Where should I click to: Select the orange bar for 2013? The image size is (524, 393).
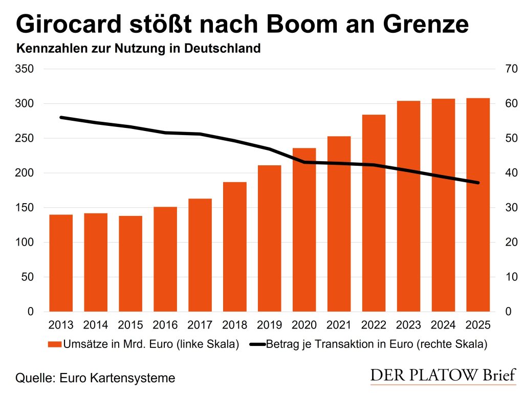pos(61,263)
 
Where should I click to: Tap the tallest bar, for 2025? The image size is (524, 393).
pos(478,205)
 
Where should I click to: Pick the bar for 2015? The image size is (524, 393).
pos(130,264)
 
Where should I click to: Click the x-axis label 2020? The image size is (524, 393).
pos(304,325)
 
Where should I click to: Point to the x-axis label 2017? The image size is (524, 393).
pos(200,325)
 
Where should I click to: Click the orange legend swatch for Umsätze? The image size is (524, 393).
pos(54,344)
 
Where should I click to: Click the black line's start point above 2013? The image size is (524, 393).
pos(61,117)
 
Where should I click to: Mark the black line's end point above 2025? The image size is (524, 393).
pos(478,183)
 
